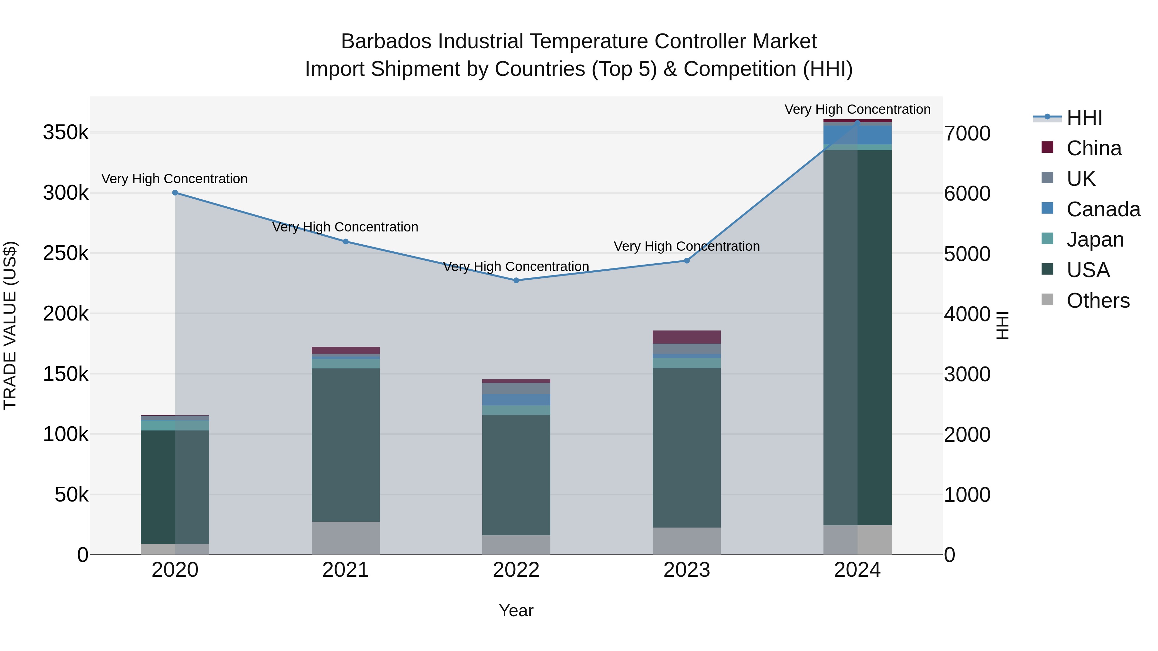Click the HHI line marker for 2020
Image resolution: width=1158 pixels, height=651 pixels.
[175, 193]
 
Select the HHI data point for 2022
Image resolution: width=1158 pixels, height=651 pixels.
[516, 280]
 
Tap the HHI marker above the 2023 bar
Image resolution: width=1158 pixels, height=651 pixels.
[686, 261]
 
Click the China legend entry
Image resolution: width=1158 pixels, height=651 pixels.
[1093, 148]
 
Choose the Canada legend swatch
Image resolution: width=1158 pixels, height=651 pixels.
[1047, 208]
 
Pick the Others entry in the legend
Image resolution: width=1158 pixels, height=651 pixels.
[1097, 301]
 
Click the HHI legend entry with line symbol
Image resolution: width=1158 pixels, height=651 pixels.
[1083, 118]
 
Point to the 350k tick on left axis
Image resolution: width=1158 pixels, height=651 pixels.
[66, 133]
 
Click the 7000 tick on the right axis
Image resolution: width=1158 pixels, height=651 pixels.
[967, 133]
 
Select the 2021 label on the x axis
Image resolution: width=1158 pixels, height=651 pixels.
[345, 570]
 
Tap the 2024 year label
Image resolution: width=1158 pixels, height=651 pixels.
[857, 570]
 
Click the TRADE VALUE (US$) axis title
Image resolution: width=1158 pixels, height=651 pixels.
[10, 325]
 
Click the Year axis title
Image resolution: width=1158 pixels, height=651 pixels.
[516, 610]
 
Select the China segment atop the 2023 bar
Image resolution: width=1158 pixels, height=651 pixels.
[686, 337]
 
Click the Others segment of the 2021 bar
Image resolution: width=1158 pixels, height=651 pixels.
[345, 538]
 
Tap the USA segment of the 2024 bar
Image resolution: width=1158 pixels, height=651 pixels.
[857, 337]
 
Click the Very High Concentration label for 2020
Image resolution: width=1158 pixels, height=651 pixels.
[174, 179]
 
